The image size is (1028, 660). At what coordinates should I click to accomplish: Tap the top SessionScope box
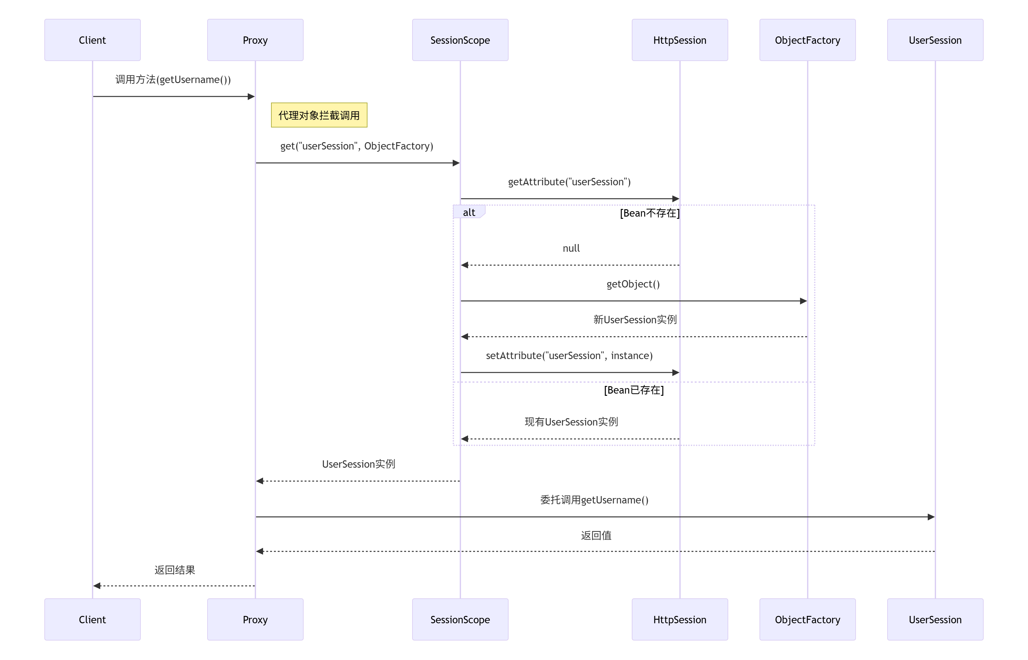click(x=460, y=40)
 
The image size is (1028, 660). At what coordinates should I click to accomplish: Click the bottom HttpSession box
click(x=679, y=619)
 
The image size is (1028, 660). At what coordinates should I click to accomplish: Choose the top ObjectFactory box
click(x=807, y=40)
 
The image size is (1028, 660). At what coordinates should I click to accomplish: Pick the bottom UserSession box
click(x=935, y=619)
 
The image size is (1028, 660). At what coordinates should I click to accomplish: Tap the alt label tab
click(x=469, y=212)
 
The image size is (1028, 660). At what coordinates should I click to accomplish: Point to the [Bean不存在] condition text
click(x=649, y=213)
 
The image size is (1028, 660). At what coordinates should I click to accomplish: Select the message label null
click(x=571, y=248)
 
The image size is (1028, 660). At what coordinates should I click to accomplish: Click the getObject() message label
click(x=633, y=284)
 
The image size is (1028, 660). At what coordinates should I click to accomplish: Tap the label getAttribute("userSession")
click(x=569, y=182)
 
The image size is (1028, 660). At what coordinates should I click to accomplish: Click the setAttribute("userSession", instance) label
click(x=569, y=355)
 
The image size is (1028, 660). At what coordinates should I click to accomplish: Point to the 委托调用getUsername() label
click(x=594, y=500)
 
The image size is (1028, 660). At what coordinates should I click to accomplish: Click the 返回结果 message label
click(x=174, y=570)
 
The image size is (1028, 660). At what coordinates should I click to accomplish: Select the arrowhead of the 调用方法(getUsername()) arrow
click(x=252, y=96)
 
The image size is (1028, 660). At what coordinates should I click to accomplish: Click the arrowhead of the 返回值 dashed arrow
click(x=260, y=551)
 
